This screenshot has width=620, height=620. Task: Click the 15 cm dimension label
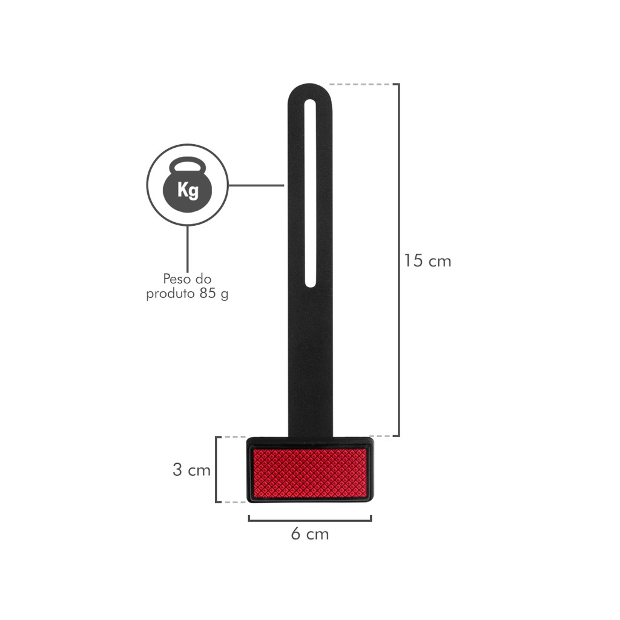[x=427, y=261]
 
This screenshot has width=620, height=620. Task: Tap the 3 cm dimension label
[x=191, y=470]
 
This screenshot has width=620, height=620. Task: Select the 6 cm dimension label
[x=310, y=534]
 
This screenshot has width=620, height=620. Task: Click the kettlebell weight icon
[x=188, y=185]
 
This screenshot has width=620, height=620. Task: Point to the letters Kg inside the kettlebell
[x=188, y=190]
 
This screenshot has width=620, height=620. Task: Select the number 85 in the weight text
[x=208, y=294]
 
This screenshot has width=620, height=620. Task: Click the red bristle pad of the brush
[x=310, y=473]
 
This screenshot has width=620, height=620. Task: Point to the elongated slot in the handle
[x=311, y=193]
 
